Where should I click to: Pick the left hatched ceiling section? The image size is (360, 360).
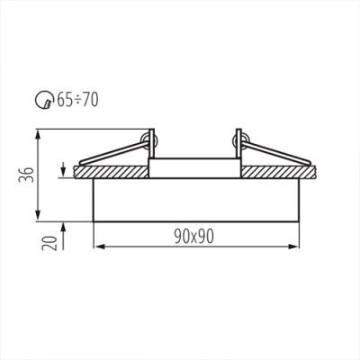[112, 171]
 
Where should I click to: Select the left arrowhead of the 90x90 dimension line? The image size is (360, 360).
[98, 246]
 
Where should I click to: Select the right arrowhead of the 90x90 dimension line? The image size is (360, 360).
[293, 246]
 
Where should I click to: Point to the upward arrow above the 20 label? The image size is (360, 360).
[61, 225]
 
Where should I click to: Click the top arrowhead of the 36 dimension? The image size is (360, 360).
[36, 134]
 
